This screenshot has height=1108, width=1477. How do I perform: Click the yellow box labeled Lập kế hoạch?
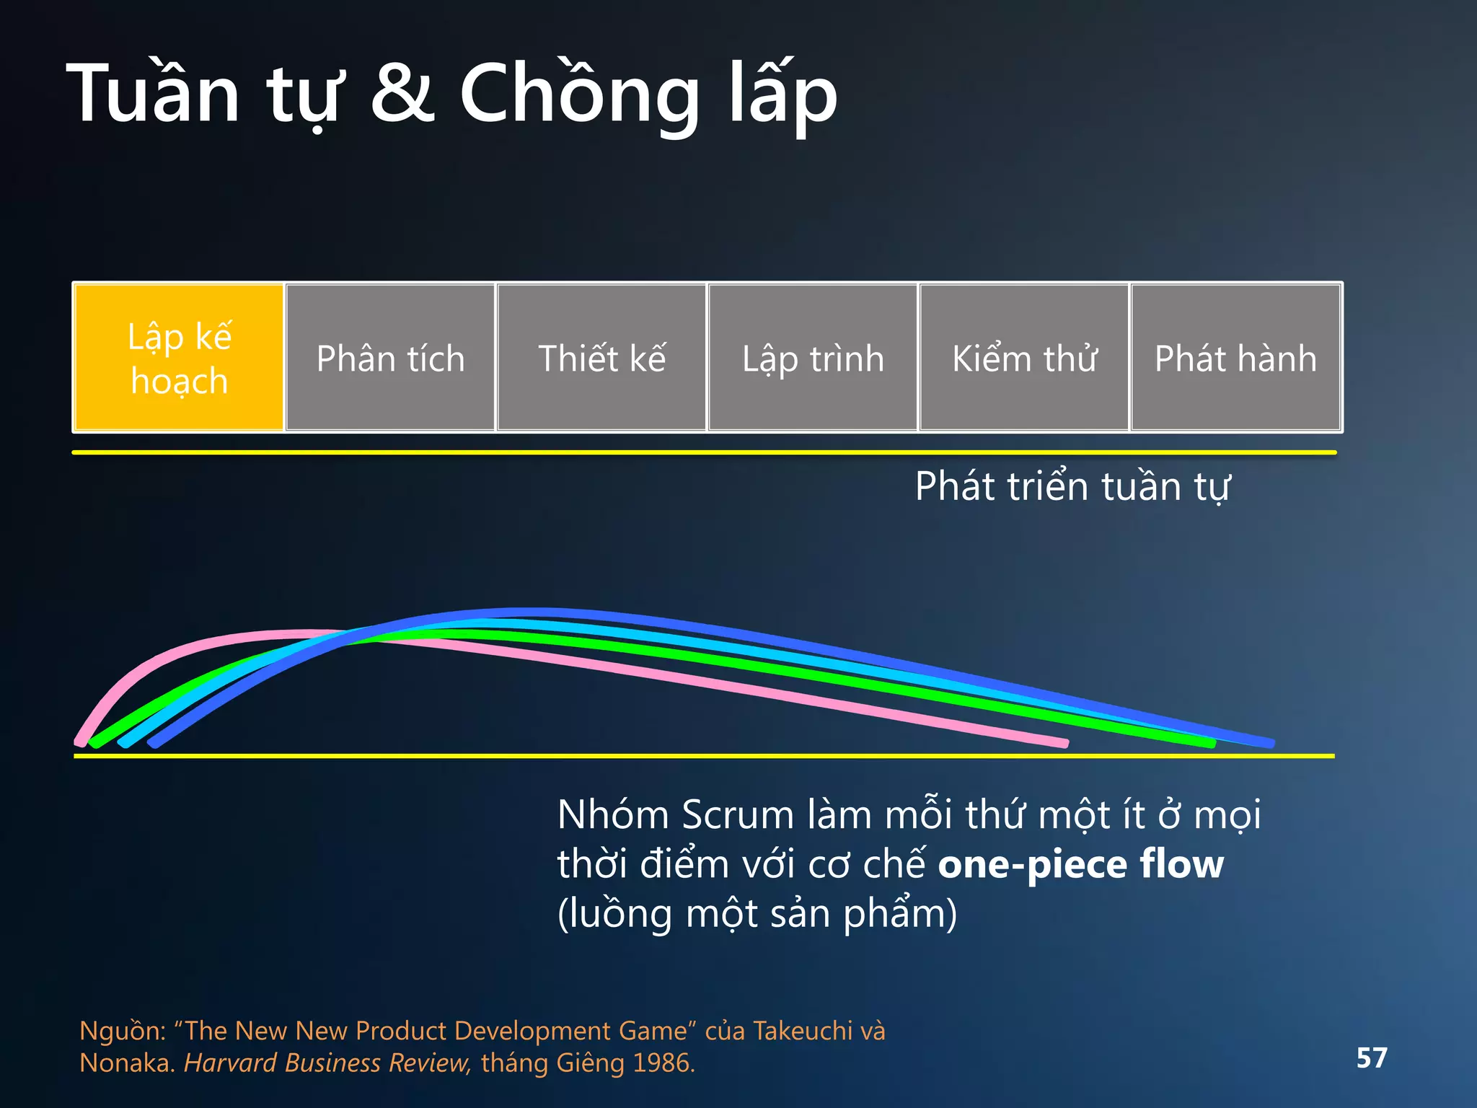tap(179, 358)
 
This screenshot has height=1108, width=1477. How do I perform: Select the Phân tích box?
tap(390, 358)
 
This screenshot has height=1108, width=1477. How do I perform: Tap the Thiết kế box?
tap(601, 358)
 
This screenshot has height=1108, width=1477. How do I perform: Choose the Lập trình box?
tap(813, 358)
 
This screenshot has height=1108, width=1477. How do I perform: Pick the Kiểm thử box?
tap(1024, 358)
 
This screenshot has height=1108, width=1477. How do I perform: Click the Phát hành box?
tap(1235, 358)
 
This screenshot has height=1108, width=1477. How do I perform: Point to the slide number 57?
tap(1371, 1058)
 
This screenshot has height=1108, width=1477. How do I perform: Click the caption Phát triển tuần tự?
tap(1072, 486)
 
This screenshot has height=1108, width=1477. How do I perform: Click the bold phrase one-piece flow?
tap(1080, 864)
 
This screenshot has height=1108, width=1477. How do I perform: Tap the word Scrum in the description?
tap(737, 815)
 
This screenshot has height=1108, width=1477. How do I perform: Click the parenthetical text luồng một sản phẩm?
tap(757, 914)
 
